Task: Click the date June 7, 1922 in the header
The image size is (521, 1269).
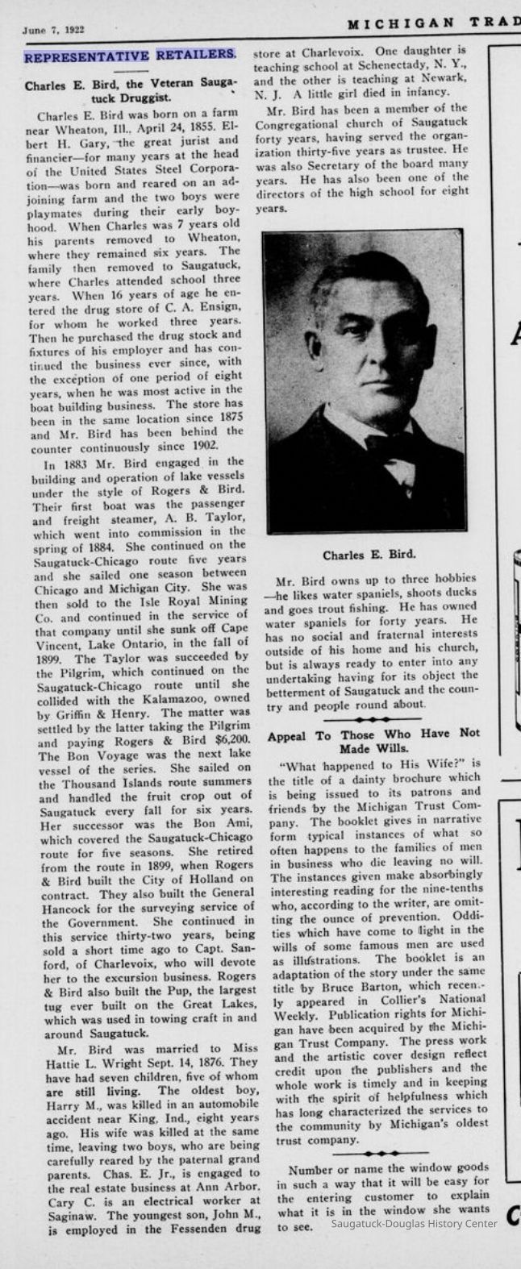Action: [x=53, y=30]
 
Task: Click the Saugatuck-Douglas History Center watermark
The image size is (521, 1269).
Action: [x=415, y=1246]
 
